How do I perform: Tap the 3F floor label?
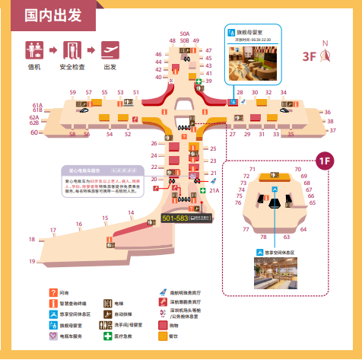[309, 56]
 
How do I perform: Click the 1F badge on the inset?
[325, 160]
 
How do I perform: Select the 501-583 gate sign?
[176, 218]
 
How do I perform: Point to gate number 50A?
[185, 33]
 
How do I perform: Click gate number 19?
[33, 261]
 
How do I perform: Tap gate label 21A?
[214, 192]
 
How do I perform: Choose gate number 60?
[34, 132]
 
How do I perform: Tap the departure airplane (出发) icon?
[110, 51]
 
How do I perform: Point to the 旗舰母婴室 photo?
[253, 62]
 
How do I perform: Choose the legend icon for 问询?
[53, 292]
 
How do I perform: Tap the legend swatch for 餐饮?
[163, 336]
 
